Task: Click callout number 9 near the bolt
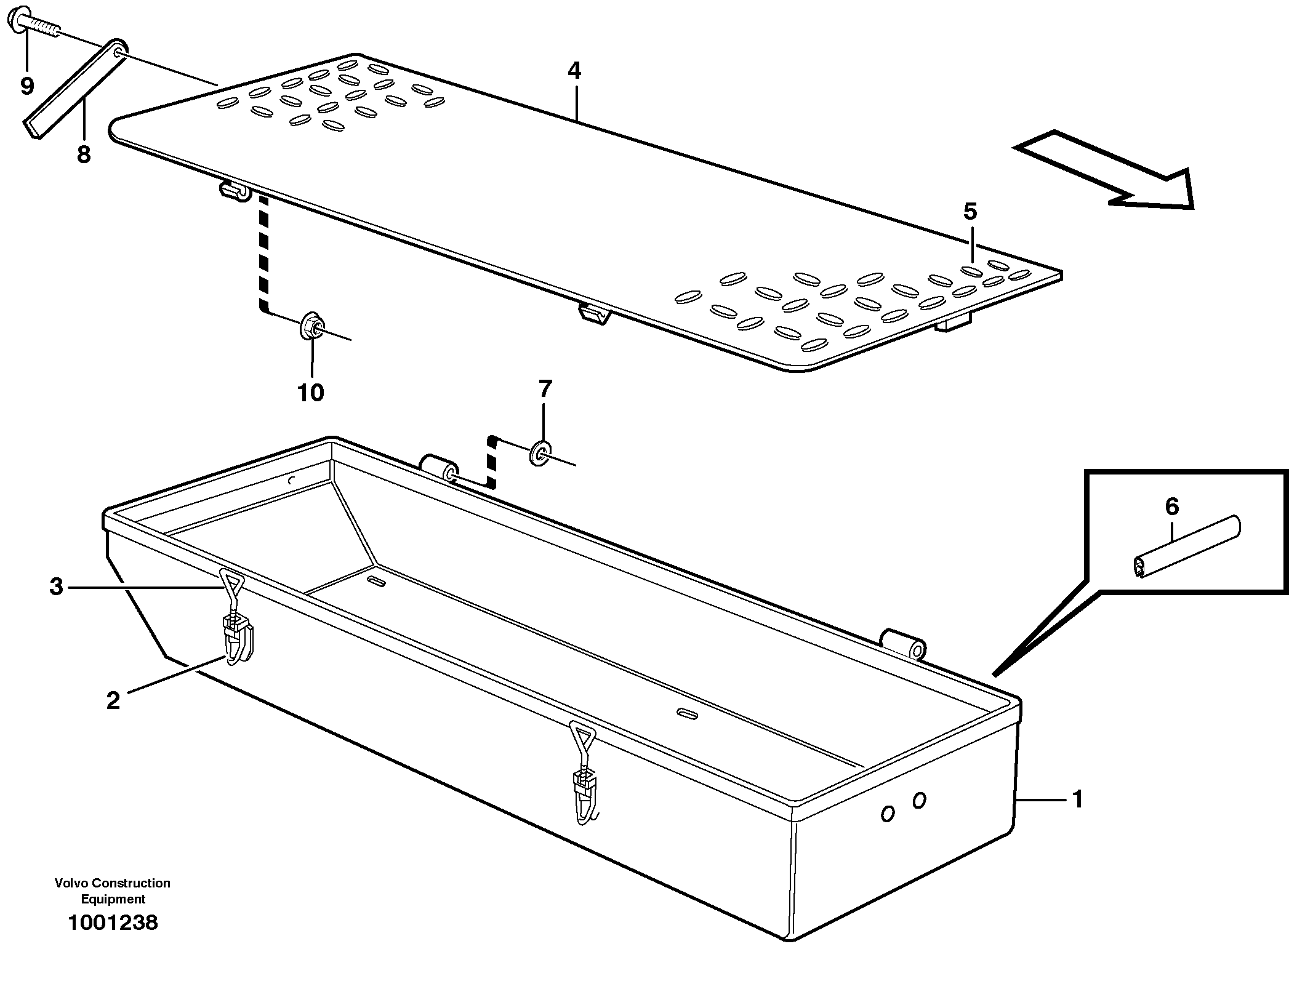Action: tap(26, 86)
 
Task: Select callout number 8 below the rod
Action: tap(84, 154)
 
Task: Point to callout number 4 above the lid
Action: tap(574, 71)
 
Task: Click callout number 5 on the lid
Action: tap(970, 212)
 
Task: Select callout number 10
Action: tap(311, 392)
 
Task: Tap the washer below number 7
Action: tap(541, 453)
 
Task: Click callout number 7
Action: tap(545, 388)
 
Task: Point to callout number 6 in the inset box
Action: tap(1172, 507)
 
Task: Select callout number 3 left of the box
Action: tap(56, 587)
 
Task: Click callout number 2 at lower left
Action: tap(113, 700)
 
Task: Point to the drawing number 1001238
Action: tap(113, 923)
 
